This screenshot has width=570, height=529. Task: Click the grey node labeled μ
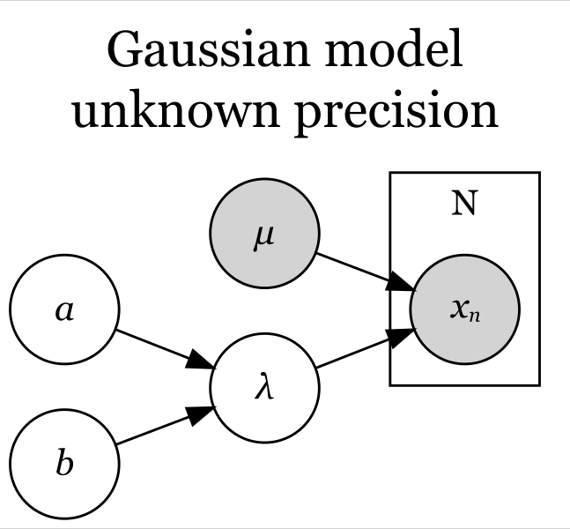[264, 234]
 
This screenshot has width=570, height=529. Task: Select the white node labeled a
[64, 309]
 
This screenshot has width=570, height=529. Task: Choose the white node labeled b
[64, 464]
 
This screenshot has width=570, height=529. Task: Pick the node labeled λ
[264, 387]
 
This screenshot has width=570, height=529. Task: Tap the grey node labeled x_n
[464, 309]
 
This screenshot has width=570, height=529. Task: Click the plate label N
[464, 203]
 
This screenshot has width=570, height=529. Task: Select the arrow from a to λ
[166, 349]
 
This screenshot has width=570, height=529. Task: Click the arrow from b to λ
[166, 425]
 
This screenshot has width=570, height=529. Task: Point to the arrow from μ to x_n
[366, 272]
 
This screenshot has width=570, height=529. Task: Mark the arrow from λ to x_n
[366, 348]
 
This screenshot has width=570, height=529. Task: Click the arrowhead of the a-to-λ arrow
[201, 361]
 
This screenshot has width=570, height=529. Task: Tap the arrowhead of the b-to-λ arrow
[201, 414]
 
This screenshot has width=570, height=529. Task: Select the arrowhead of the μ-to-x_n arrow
[401, 282]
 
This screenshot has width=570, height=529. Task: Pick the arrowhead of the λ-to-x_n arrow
[401, 338]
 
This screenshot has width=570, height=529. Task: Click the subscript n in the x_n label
[474, 316]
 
